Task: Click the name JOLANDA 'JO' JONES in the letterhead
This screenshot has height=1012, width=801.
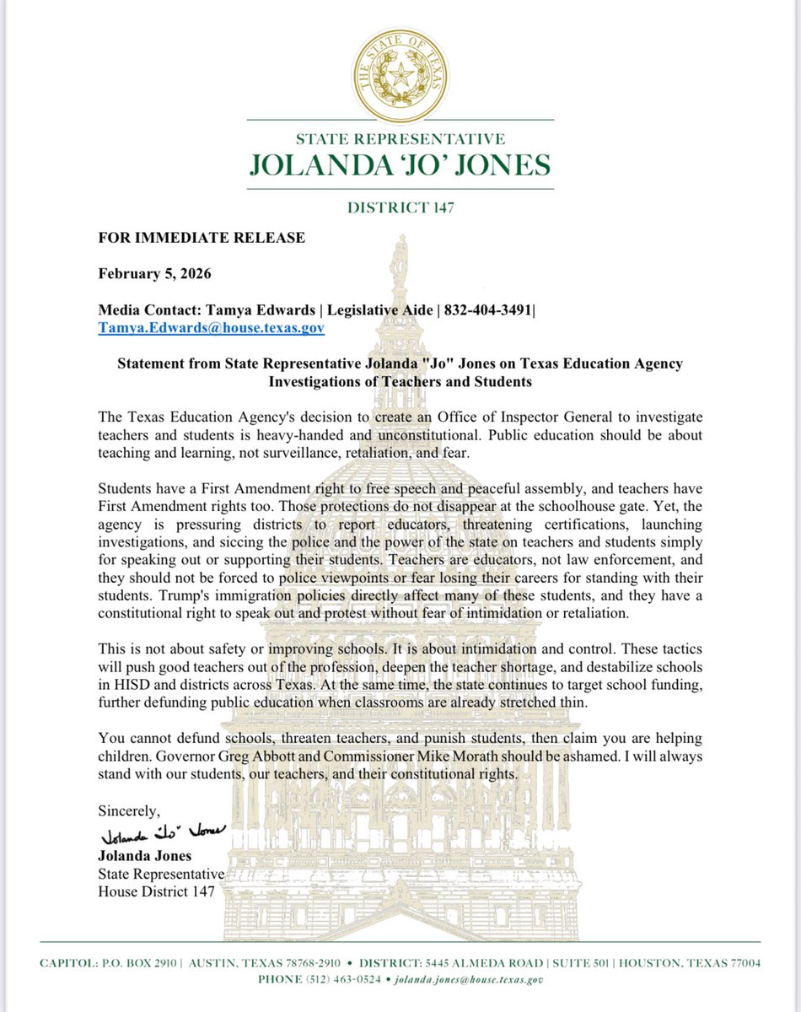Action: (400, 164)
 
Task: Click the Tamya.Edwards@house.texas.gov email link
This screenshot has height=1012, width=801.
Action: (211, 327)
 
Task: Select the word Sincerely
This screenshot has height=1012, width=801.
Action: (128, 811)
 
